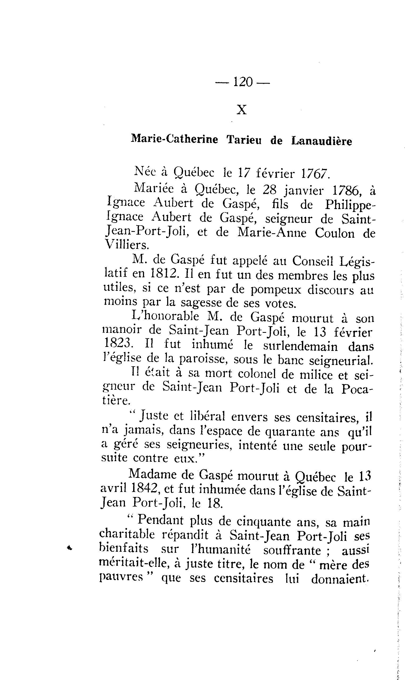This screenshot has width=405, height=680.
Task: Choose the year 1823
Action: point(118,343)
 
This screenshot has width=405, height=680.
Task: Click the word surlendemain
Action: point(301,346)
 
